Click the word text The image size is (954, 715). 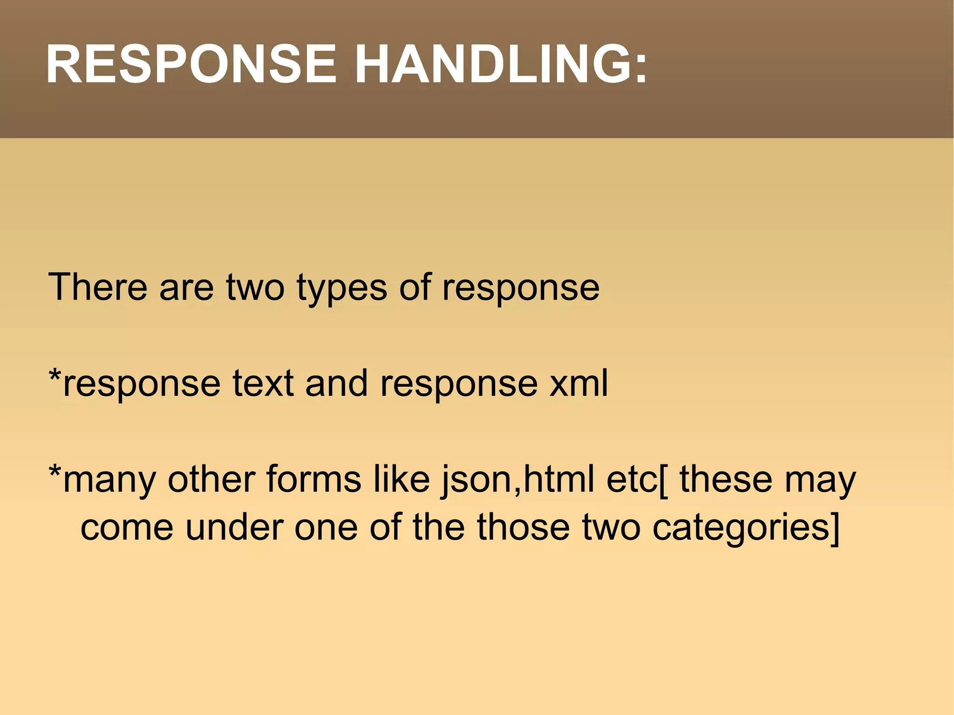pyautogui.click(x=263, y=384)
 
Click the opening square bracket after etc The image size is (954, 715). pyautogui.click(x=663, y=480)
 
